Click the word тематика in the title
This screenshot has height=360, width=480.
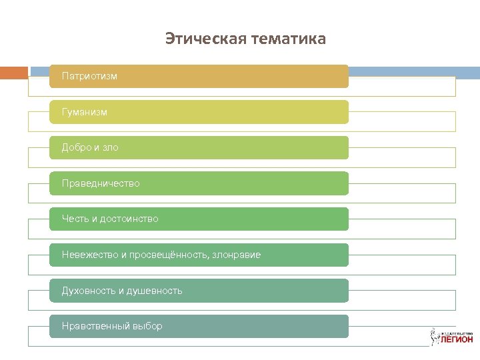[289, 39]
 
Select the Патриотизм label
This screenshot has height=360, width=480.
[89, 76]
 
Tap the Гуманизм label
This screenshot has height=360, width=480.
[85, 112]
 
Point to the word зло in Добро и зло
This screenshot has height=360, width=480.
[110, 147]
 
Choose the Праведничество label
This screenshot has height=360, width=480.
[101, 183]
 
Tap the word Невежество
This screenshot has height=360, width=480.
[89, 255]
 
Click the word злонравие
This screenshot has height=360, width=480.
[237, 255]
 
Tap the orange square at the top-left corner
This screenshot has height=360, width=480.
[13, 72]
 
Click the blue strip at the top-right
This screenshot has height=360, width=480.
[414, 72]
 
